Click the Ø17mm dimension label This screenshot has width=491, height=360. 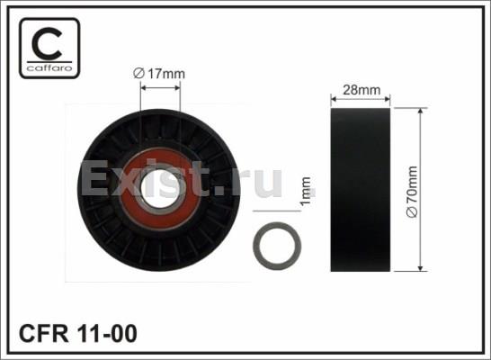(159, 74)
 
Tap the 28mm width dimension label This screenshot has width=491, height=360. (362, 90)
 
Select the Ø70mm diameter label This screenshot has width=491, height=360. (412, 192)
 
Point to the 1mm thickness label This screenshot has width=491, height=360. (306, 191)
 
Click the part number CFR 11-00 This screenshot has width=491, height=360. (78, 333)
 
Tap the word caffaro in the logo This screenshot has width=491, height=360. (49, 67)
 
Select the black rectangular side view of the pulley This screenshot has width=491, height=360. (361, 190)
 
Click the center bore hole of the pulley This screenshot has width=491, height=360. (161, 188)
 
